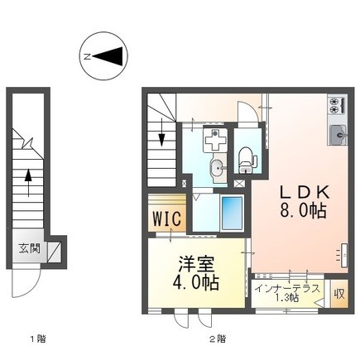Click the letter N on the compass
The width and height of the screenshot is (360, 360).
tap(88, 57)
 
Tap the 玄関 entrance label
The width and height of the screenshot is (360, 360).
tap(30, 249)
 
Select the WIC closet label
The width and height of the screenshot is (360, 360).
tap(167, 218)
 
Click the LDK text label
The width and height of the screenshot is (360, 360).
tap(305, 192)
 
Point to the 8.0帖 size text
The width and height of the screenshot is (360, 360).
tap(304, 210)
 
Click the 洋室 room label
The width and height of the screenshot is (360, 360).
tap(196, 264)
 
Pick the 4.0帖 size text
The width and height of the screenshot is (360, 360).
tap(196, 282)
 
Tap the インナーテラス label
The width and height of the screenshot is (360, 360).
tap(288, 289)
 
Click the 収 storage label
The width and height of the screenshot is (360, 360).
tap(339, 295)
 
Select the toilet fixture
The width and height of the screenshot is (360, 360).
tap(246, 161)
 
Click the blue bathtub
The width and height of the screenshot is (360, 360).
tap(232, 213)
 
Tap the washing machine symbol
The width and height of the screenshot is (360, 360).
tap(215, 139)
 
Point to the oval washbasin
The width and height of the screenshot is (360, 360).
tap(218, 167)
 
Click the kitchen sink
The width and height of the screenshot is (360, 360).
tap(338, 134)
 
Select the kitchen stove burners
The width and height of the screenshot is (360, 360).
tap(337, 105)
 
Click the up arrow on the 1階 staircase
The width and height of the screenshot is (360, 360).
tap(28, 183)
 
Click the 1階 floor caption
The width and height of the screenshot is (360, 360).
tap(37, 338)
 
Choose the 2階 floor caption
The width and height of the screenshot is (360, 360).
tap(217, 338)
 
